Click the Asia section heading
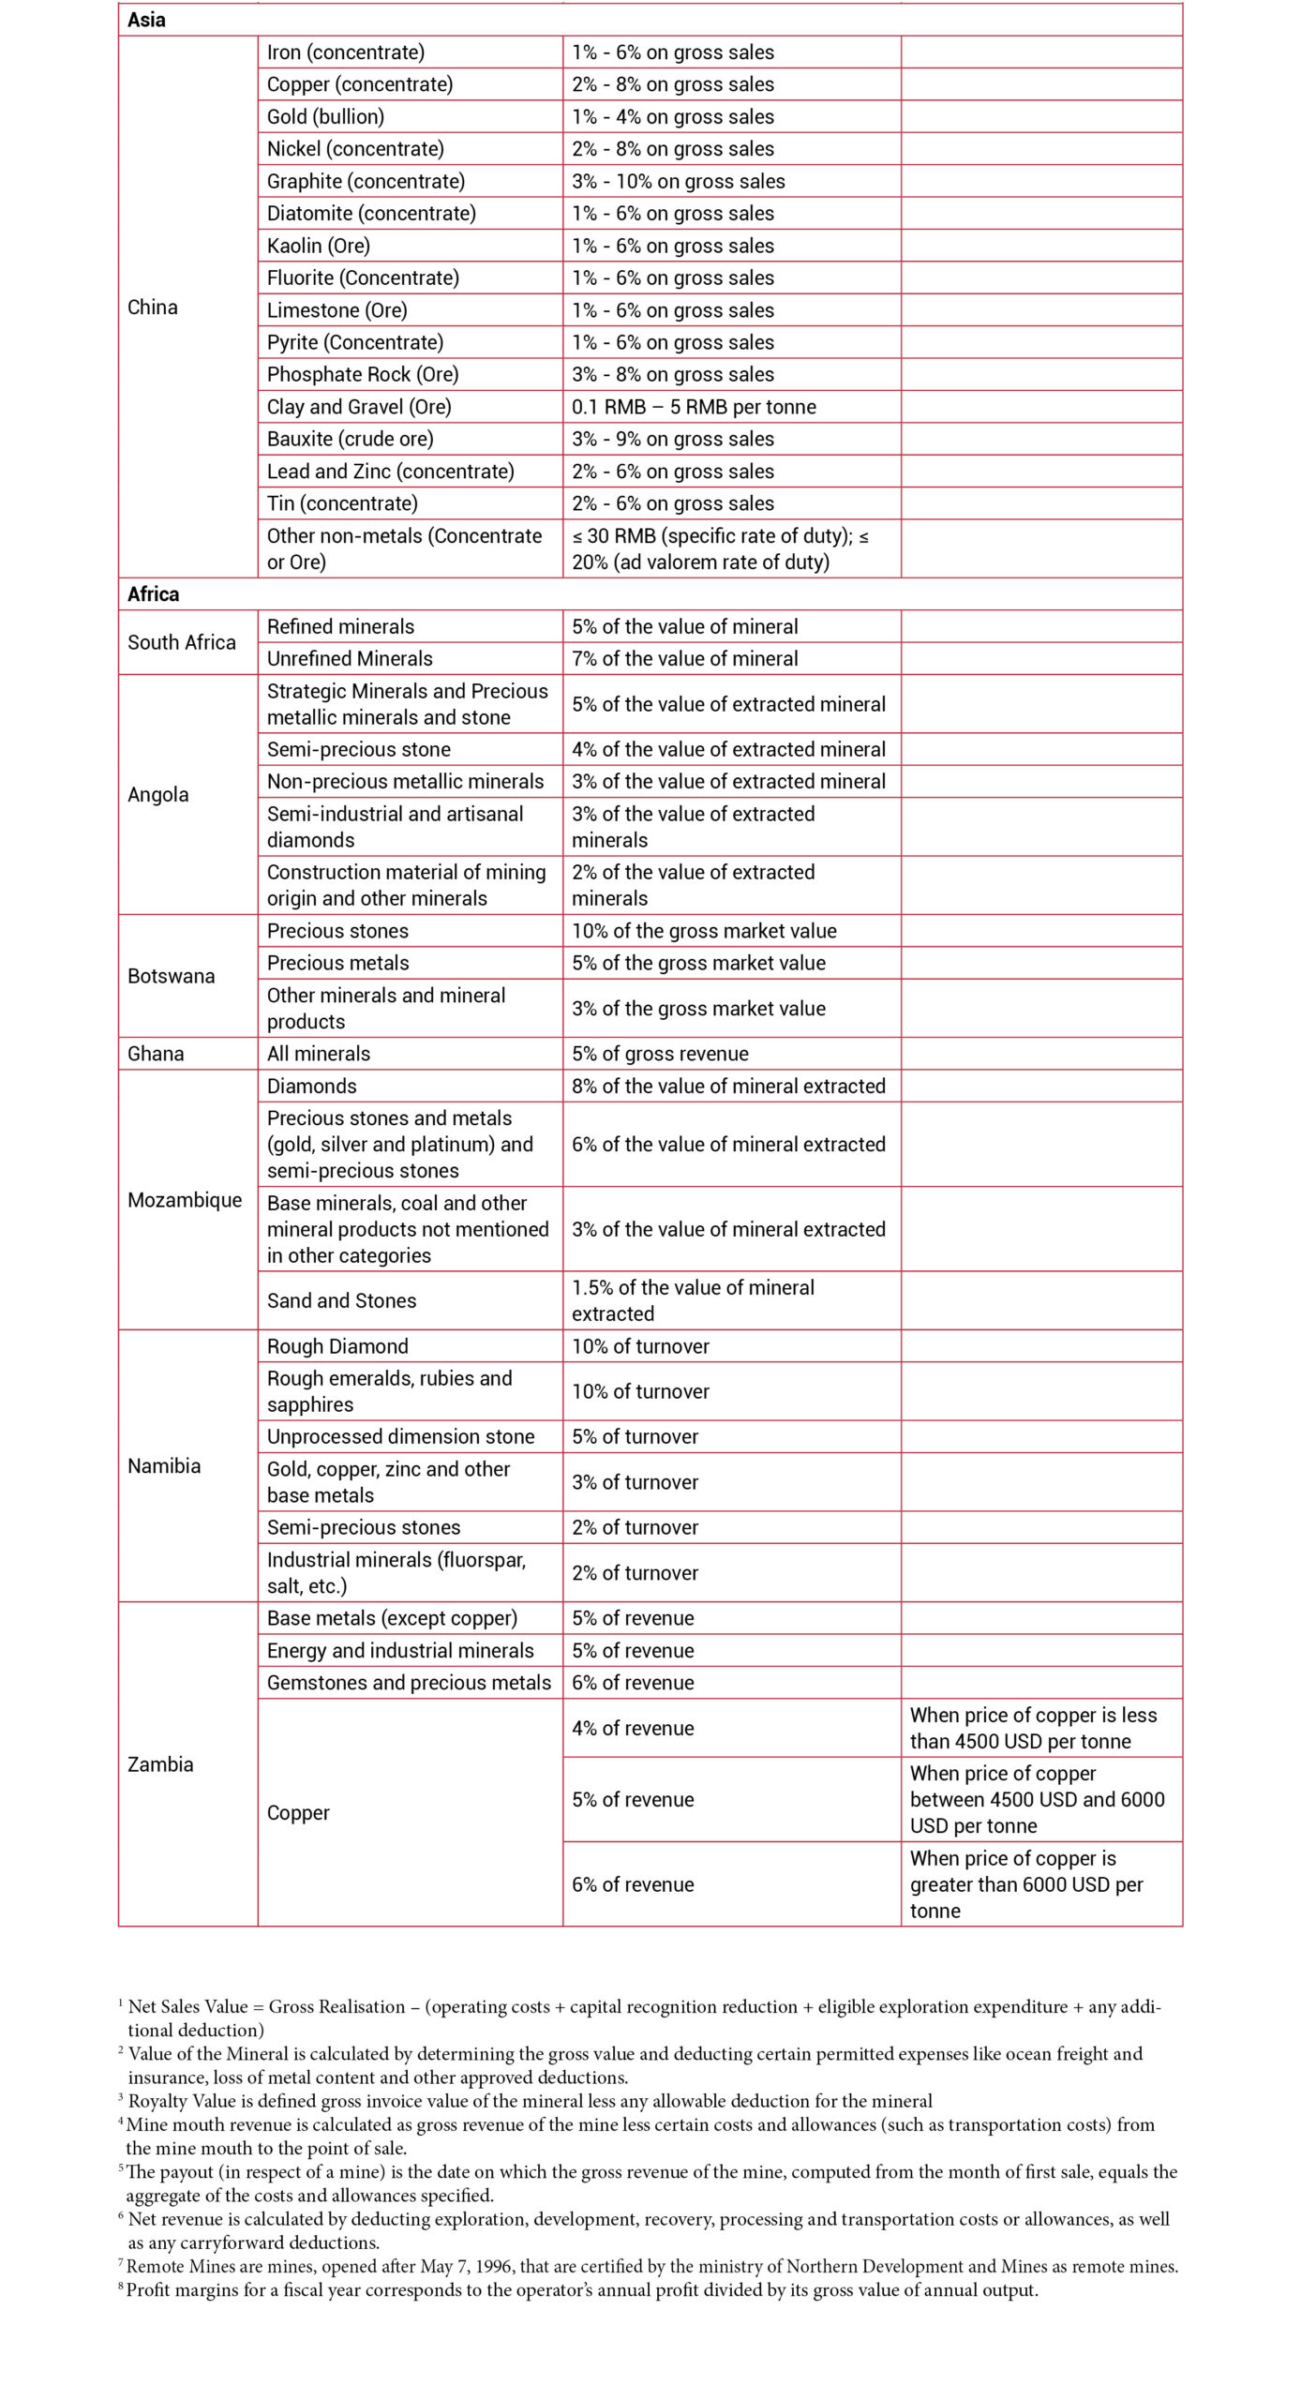click(147, 21)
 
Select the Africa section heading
click(154, 594)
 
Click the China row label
click(153, 307)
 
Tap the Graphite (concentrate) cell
click(366, 181)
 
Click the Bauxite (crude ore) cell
click(350, 439)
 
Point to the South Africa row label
click(182, 642)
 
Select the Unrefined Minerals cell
click(350, 658)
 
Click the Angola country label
click(158, 795)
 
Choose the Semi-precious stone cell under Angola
click(359, 749)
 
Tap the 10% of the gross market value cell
click(704, 931)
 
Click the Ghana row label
click(156, 1054)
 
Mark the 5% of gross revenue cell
click(660, 1054)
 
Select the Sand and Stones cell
click(341, 1300)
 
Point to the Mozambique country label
click(185, 1200)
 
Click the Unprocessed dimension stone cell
click(400, 1436)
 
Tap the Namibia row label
click(164, 1466)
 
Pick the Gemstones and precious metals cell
click(409, 1683)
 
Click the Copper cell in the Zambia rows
click(298, 1813)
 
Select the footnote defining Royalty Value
click(530, 2101)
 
